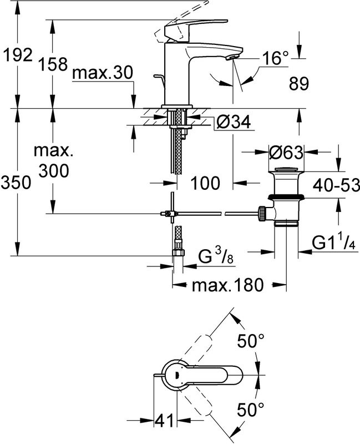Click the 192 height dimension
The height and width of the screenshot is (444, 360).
pyautogui.click(x=18, y=55)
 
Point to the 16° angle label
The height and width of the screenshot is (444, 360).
pyautogui.click(x=276, y=57)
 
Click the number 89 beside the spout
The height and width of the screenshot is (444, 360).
pyautogui.click(x=300, y=84)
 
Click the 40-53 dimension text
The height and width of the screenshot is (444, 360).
pyautogui.click(x=335, y=184)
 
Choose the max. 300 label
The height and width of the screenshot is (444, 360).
pyautogui.click(x=54, y=161)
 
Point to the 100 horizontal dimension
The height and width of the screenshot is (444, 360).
pyautogui.click(x=206, y=181)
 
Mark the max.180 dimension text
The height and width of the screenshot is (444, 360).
pyautogui.click(x=226, y=286)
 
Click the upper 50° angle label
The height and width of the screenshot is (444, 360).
pyautogui.click(x=248, y=341)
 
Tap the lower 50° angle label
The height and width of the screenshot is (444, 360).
pyautogui.click(x=248, y=410)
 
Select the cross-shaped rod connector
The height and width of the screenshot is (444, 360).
pyautogui.click(x=172, y=212)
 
